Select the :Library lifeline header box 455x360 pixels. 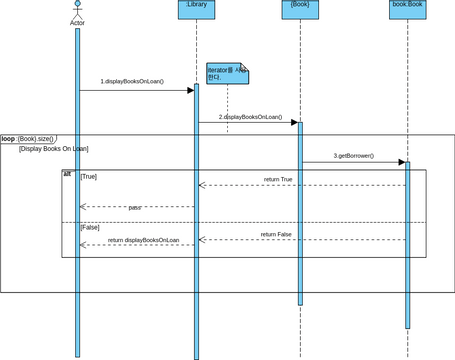(196, 9)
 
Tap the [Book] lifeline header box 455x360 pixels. (300, 9)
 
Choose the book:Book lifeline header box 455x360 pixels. (407, 9)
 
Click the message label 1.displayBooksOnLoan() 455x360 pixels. (132, 81)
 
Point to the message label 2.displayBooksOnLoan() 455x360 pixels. (250, 117)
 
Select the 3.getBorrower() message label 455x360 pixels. (353, 156)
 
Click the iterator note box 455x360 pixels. (227, 73)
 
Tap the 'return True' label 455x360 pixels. (278, 180)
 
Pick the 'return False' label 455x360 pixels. (276, 234)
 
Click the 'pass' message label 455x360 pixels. (135, 208)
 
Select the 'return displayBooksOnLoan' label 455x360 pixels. (143, 240)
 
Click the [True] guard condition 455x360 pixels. (89, 176)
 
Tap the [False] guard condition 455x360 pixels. (90, 227)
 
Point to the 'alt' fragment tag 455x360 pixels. (67, 174)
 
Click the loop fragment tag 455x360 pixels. (27, 139)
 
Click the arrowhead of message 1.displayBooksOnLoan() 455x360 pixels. (190, 90)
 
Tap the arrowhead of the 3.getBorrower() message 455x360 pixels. (401, 162)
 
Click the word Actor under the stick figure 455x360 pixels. (77, 23)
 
